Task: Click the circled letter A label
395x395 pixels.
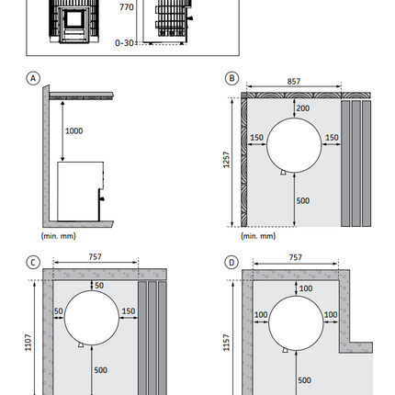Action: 33,78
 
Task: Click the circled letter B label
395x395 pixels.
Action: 231,78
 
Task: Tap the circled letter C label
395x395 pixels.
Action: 33,263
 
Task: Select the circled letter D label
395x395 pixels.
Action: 231,263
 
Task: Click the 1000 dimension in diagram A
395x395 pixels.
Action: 73,131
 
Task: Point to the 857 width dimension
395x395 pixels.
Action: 294,82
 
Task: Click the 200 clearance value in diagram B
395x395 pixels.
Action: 303,108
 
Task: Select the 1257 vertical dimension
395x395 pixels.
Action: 226,160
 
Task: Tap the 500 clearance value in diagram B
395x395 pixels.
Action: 303,201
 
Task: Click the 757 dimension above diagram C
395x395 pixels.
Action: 95,257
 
